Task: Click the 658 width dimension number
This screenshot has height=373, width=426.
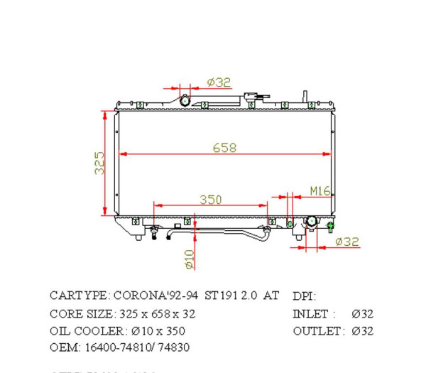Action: [x=224, y=148]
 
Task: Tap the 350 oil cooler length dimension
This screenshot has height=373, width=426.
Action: [x=210, y=200]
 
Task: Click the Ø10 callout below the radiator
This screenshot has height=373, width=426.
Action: [x=190, y=259]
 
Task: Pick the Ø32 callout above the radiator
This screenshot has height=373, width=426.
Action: [x=219, y=82]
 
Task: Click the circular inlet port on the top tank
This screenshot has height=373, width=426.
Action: [x=185, y=100]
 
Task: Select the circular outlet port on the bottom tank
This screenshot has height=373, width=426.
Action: [x=311, y=223]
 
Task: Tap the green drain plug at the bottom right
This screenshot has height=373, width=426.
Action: [x=330, y=227]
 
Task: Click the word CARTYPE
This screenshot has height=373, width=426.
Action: [x=79, y=295]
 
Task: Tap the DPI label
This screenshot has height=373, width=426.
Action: [x=304, y=296]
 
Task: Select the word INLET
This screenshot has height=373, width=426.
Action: [x=310, y=313]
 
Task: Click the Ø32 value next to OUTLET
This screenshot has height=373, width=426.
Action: [x=361, y=331]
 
